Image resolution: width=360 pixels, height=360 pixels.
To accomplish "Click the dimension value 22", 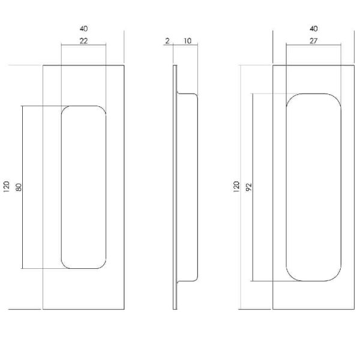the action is tap(83, 41).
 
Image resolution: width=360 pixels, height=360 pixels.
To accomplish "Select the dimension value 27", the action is tap(313, 41).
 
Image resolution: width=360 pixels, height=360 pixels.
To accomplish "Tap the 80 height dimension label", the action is tap(19, 187).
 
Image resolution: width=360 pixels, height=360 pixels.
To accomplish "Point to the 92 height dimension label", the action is tap(249, 187).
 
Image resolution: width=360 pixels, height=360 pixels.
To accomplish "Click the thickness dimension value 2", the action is tap(167, 41).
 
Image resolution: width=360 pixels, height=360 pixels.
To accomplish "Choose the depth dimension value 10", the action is tap(187, 41).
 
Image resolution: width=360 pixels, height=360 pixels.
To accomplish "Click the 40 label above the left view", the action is tap(84, 29).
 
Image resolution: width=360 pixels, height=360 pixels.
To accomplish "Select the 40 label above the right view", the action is tap(314, 29).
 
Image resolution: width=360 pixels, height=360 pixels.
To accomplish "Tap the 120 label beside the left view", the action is tap(7, 187).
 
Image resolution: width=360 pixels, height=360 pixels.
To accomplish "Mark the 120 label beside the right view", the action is tap(236, 187).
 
